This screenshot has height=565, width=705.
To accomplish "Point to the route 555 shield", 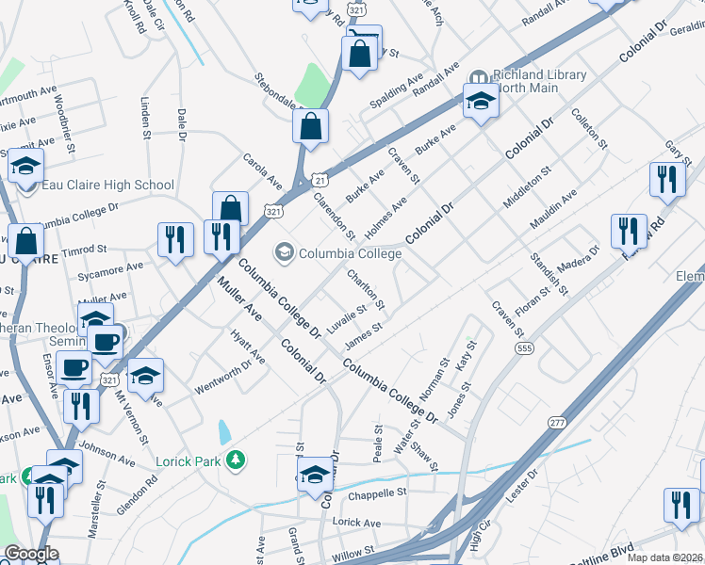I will pyautogui.click(x=525, y=348).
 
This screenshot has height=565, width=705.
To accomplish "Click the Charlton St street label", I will pyautogui.click(x=366, y=289).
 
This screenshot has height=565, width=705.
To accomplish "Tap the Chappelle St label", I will pyautogui.click(x=376, y=492).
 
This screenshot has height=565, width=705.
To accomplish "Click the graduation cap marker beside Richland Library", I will pyautogui.click(x=481, y=101).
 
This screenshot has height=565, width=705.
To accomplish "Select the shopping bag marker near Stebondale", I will pyautogui.click(x=310, y=127).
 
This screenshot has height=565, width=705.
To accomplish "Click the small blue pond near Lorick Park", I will pyautogui.click(x=224, y=432).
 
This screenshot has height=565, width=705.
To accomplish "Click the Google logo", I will pyautogui.click(x=31, y=554).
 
